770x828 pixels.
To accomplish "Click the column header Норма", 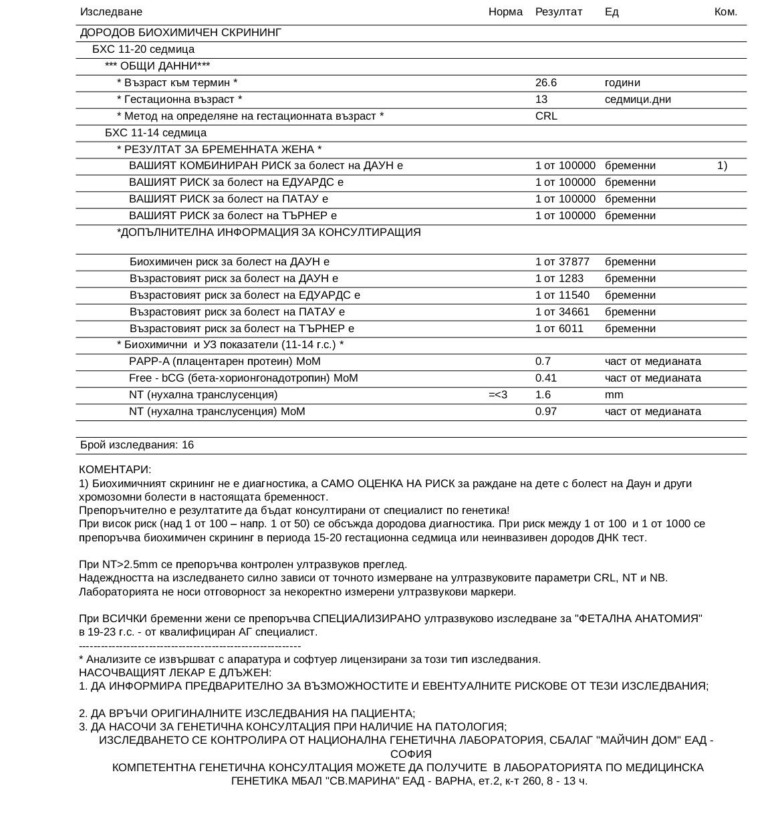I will [x=505, y=12].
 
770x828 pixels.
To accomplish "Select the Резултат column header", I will [x=559, y=12].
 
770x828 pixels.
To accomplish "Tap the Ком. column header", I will [x=725, y=12].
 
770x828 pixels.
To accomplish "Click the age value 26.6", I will [x=546, y=83].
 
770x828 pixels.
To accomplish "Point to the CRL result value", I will [x=546, y=116].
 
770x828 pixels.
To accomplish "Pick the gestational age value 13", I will [x=541, y=100].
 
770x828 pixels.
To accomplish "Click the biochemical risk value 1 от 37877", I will [x=562, y=262].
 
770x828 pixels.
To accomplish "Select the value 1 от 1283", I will [x=559, y=279].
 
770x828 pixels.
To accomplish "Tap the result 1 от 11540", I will [x=562, y=295].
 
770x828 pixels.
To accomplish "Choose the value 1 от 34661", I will [x=562, y=312].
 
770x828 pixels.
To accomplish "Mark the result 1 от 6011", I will [x=559, y=329].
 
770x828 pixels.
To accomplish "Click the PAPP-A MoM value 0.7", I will [x=543, y=362].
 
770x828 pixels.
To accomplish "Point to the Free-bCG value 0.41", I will [x=546, y=378].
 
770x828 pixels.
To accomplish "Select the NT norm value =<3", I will [x=498, y=395].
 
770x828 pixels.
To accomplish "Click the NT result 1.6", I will [x=543, y=395].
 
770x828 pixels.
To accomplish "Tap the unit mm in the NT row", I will [x=614, y=395].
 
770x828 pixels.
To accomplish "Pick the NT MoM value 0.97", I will [x=546, y=412].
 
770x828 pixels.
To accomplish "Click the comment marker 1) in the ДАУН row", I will [x=722, y=166].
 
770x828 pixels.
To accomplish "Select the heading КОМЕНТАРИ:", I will [x=115, y=470].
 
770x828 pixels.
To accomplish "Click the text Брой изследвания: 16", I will [x=137, y=445].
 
